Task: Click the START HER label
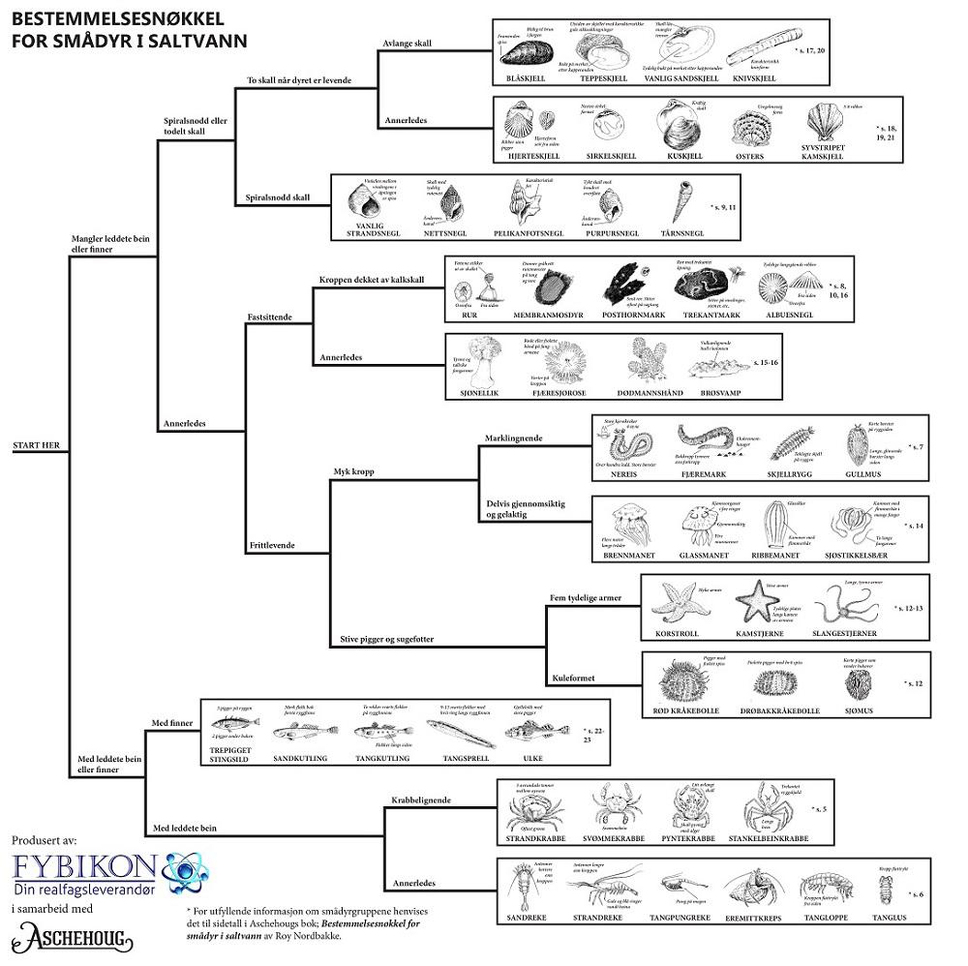tap(37, 445)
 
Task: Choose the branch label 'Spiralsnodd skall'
tap(277, 197)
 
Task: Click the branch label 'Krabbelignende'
tap(418, 801)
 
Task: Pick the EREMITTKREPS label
tap(749, 915)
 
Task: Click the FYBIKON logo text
tap(84, 864)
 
